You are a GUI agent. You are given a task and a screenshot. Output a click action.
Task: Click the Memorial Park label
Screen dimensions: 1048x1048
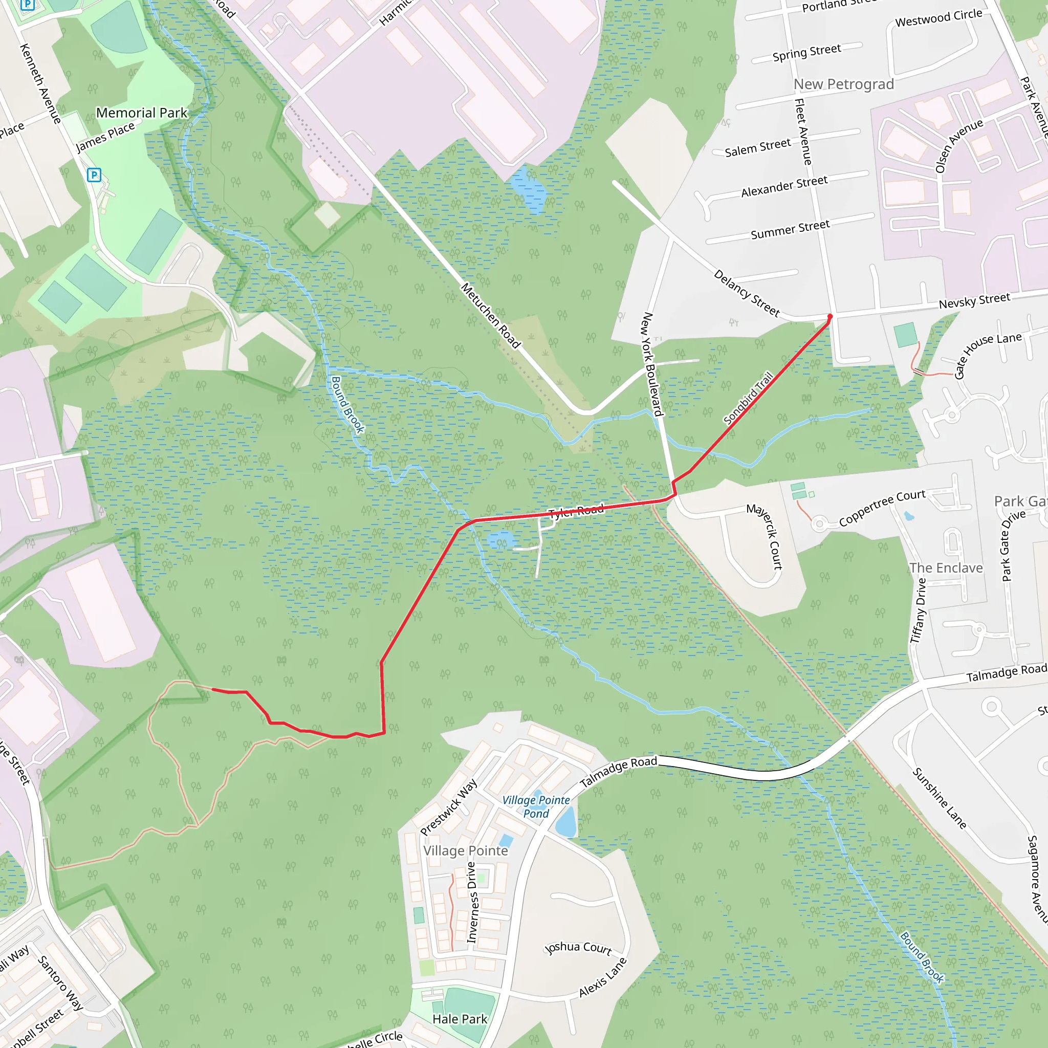point(142,113)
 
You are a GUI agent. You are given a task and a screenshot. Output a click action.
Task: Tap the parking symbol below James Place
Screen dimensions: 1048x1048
point(94,174)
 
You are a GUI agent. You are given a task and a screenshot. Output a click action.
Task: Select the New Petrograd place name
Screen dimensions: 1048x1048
point(843,84)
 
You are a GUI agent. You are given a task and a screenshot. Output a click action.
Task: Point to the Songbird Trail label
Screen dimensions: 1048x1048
point(749,398)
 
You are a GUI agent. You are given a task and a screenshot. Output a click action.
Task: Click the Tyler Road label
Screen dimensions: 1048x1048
point(576,511)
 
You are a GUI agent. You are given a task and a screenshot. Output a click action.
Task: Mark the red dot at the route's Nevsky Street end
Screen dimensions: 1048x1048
point(829,316)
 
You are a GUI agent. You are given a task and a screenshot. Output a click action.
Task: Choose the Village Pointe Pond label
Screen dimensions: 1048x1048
point(536,806)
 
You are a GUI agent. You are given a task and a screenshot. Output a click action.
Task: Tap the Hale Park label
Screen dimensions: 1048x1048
point(460,1019)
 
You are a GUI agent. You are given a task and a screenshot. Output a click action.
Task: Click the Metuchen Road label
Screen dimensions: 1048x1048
point(490,315)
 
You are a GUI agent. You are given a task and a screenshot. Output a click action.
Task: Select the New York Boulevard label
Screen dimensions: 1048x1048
point(652,364)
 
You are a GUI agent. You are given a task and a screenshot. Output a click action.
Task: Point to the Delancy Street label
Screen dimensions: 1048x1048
point(747,293)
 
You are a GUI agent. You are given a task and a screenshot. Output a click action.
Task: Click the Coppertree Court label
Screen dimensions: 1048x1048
point(882,508)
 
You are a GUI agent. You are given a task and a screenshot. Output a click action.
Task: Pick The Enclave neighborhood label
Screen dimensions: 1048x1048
point(946,568)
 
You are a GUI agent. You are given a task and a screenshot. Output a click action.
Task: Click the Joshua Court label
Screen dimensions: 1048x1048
point(578,948)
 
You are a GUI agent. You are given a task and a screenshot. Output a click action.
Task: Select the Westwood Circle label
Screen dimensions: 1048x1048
point(938,18)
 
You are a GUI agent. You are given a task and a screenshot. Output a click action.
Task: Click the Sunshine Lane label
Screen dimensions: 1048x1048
point(940,798)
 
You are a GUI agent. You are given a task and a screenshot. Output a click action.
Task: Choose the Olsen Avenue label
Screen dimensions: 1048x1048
point(959,145)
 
